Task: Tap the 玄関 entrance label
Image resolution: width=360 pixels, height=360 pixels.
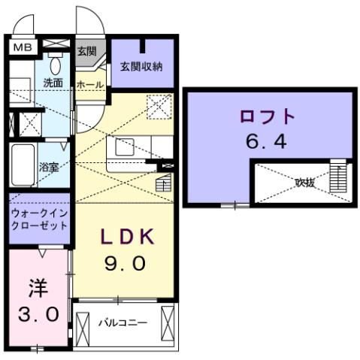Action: pos(86,51)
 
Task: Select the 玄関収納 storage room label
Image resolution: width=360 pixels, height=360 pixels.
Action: pos(142,66)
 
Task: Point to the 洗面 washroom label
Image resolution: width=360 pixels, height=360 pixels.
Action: pos(52,83)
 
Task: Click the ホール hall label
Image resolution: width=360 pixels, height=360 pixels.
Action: pos(90,86)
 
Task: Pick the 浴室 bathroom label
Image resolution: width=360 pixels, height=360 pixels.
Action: pos(49,167)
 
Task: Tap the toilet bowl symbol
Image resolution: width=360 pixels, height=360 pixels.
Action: pos(56,62)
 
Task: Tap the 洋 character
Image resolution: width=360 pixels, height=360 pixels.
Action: pos(38,287)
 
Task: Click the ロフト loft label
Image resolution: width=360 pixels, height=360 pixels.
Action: pos(267,117)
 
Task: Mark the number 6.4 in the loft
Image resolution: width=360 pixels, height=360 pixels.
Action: pos(267,142)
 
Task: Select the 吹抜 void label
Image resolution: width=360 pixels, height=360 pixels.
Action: pos(304,181)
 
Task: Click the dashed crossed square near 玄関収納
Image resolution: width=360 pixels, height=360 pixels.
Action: pos(159,107)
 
